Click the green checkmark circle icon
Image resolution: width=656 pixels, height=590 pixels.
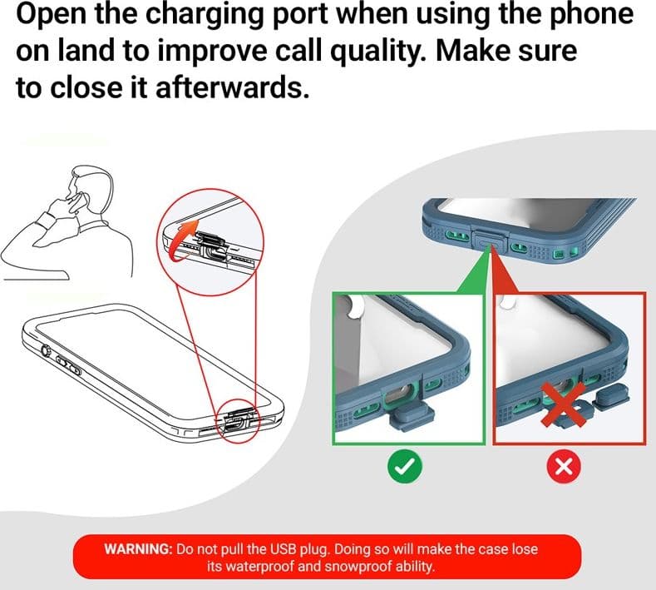click(405, 466)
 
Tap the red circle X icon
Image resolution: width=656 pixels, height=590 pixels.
click(564, 466)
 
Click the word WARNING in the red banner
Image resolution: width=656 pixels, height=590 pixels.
click(138, 548)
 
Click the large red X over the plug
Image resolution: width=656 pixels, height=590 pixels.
click(563, 404)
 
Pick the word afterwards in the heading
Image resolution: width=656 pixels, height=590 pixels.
click(232, 87)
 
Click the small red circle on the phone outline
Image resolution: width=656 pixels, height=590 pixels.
click(238, 421)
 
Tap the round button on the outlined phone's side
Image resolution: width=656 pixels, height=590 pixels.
click(45, 350)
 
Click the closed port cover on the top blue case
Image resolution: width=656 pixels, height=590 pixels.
click(491, 241)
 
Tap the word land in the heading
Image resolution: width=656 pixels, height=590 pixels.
click(86, 51)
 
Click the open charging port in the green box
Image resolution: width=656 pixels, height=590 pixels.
click(401, 397)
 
